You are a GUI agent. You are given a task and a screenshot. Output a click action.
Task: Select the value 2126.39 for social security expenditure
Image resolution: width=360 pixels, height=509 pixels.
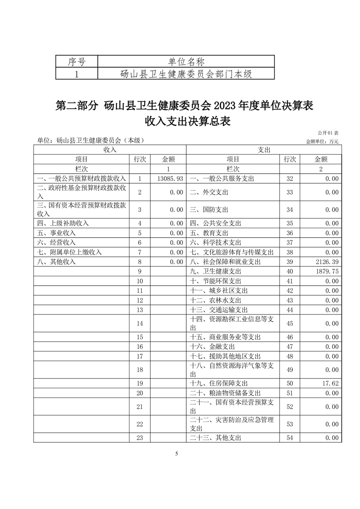[325, 262]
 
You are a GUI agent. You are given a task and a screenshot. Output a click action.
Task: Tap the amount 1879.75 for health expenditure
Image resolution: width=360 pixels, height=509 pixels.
[325, 272]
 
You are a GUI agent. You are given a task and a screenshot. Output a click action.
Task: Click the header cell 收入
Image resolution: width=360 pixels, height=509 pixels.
[110, 150]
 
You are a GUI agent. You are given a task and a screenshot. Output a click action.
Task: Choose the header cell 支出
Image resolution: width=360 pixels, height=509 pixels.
[264, 150]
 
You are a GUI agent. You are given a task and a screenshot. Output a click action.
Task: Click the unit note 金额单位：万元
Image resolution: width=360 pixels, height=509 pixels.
[322, 142]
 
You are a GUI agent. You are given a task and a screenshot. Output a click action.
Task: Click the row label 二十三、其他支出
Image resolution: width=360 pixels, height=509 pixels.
[216, 438]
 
